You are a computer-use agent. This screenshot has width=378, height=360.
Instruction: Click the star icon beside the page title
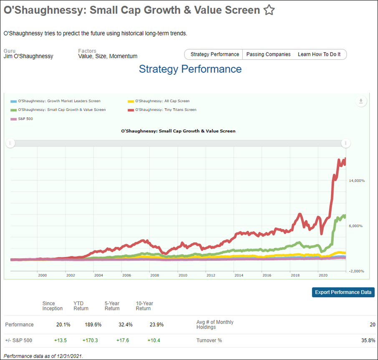coord(269,10)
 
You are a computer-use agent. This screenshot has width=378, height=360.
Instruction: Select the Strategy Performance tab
coord(214,54)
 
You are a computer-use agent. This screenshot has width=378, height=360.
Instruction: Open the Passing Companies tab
coord(268,54)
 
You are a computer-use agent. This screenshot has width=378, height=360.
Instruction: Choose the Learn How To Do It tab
coord(319,54)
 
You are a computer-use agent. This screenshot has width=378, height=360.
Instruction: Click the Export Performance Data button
coord(343,292)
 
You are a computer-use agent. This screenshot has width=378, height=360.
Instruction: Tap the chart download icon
coord(361,101)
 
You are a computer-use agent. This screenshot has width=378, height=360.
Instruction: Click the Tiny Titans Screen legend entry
coord(162,110)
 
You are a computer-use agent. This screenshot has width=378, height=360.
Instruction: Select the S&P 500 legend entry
coord(22,119)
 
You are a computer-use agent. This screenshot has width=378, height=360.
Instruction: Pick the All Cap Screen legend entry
coord(159,101)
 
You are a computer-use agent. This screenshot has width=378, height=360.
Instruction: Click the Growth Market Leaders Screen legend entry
coord(55,101)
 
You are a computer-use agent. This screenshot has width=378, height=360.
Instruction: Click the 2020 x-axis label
coord(323,275)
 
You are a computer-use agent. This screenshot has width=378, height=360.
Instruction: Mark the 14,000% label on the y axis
coord(357,181)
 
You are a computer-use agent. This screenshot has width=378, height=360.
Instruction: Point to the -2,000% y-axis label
coord(357,271)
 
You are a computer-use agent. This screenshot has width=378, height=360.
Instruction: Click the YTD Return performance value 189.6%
coord(93,325)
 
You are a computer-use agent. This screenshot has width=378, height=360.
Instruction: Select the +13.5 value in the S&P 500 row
coord(60,340)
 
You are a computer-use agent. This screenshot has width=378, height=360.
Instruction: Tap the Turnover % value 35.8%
coord(368,340)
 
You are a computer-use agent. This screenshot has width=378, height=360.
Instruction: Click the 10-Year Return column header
coord(144,306)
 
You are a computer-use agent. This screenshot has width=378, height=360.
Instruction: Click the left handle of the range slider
coord(10,143)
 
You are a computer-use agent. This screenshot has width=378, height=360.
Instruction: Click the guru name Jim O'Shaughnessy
coord(28,56)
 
